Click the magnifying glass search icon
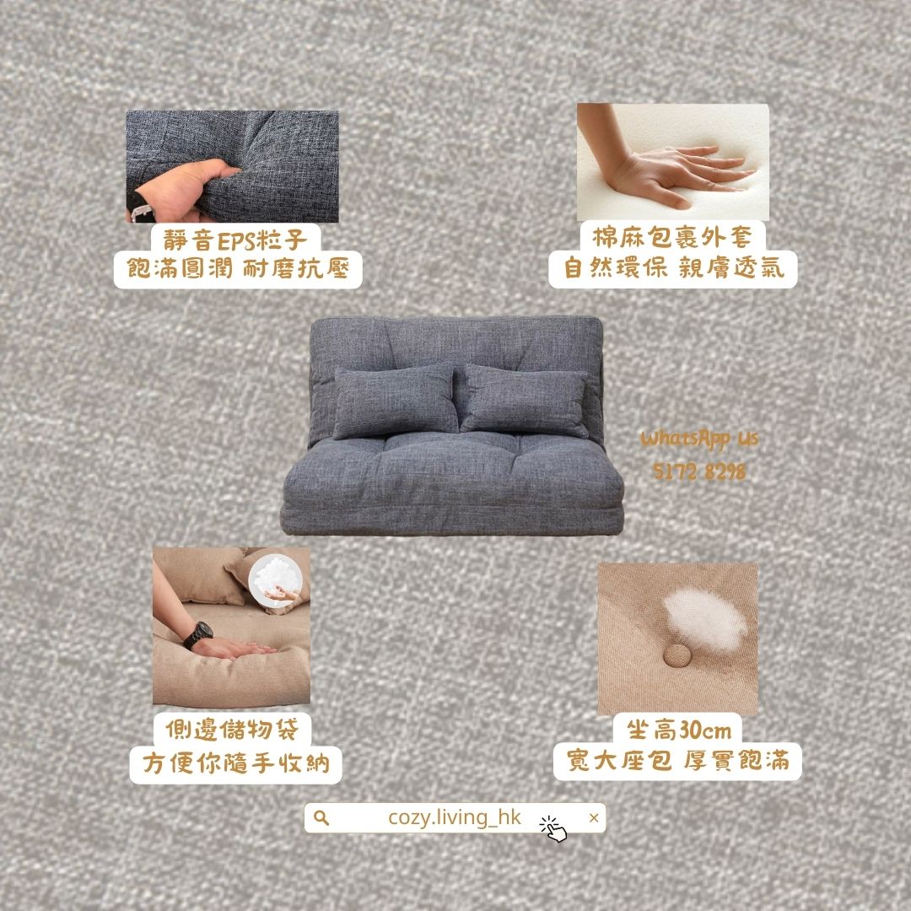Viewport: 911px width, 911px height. tap(321, 818)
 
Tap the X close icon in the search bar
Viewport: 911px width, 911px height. tap(593, 818)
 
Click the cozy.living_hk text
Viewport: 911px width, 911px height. tap(455, 817)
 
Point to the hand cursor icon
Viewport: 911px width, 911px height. tap(553, 829)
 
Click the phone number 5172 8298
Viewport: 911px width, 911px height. tap(699, 472)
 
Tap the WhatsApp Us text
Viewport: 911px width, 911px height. tap(699, 439)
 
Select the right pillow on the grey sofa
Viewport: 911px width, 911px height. tap(525, 401)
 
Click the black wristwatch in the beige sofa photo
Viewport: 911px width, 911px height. tap(198, 635)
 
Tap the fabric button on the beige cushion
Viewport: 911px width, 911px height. tap(677, 655)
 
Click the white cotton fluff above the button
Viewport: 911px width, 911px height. tap(704, 620)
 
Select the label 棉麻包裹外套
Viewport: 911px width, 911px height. tap(672, 237)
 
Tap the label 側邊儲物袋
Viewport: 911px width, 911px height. tap(232, 729)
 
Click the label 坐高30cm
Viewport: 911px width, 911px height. tap(678, 730)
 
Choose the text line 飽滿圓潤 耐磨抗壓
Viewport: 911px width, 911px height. tap(238, 269)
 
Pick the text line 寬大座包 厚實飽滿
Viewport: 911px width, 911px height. tap(677, 761)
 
